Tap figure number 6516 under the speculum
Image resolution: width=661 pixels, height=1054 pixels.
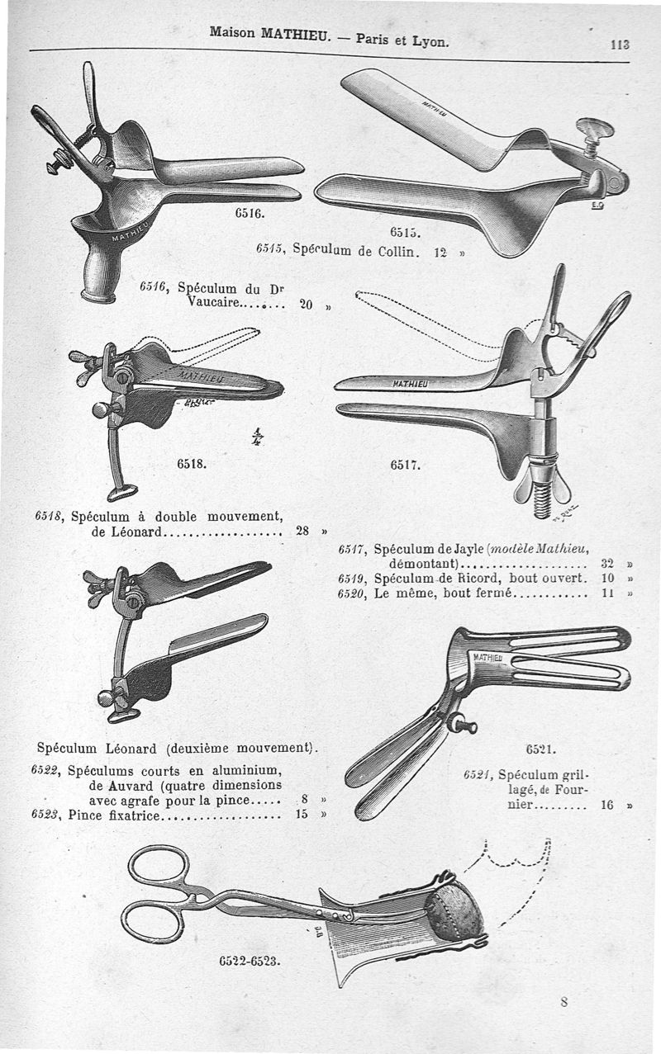click(249, 213)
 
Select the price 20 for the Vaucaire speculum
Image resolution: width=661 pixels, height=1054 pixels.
click(306, 305)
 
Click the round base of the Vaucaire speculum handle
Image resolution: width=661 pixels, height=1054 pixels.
click(98, 294)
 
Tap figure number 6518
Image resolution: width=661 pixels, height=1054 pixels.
click(191, 463)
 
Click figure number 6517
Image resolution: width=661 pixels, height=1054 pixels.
click(406, 465)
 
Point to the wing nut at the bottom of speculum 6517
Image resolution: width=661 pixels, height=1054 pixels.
click(542, 489)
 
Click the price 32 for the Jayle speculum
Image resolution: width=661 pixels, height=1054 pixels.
click(608, 563)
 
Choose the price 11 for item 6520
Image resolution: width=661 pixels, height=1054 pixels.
click(608, 592)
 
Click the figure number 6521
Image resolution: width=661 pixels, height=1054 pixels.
click(541, 750)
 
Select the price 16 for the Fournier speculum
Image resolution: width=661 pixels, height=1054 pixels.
click(607, 805)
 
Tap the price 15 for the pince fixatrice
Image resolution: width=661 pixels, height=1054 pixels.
click(302, 815)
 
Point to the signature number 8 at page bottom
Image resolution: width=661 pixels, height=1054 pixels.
click(564, 1003)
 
